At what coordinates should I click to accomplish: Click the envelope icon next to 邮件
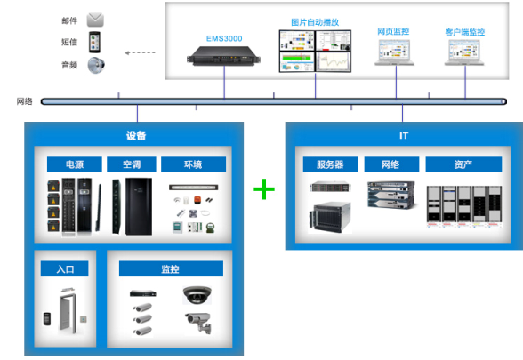(95, 20)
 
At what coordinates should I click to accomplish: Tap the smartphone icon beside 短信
(94, 42)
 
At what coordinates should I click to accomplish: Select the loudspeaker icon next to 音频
(96, 65)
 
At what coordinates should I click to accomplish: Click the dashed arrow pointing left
(140, 52)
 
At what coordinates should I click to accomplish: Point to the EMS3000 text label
(224, 39)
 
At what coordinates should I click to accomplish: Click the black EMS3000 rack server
(223, 56)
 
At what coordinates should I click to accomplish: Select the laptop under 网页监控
(395, 52)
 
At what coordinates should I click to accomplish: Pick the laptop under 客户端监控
(464, 52)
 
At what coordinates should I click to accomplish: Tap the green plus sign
(264, 189)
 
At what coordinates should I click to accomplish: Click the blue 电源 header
(75, 164)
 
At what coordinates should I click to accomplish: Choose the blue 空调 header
(132, 164)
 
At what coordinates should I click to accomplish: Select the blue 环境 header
(194, 164)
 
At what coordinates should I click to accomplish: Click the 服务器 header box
(330, 164)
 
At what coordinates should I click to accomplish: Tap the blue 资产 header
(463, 164)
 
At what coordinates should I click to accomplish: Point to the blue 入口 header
(65, 268)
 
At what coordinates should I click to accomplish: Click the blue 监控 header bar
(171, 268)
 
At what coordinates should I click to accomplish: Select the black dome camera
(197, 295)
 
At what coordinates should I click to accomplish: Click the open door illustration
(68, 310)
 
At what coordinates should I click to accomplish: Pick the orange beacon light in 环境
(197, 200)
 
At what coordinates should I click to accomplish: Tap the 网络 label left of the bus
(25, 101)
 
